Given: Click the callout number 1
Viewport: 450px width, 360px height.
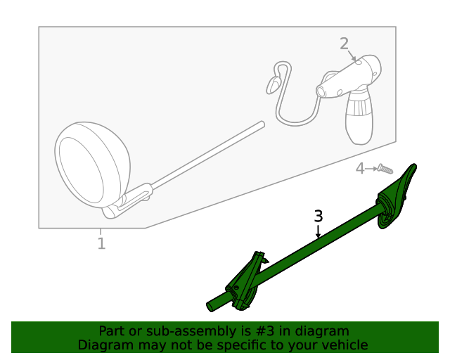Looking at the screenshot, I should [x=101, y=244].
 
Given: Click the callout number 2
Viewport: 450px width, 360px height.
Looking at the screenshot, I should [x=344, y=44].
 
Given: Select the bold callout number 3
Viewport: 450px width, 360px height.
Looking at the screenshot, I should [x=319, y=217].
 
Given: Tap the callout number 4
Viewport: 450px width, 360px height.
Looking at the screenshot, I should [x=360, y=169].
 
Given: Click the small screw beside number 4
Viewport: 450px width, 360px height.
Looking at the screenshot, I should [x=384, y=168].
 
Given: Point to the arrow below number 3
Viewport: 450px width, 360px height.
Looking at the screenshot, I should [x=319, y=231].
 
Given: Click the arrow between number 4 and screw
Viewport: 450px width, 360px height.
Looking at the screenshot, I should [x=371, y=169].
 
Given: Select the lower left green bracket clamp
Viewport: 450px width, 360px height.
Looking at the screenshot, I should [x=244, y=283].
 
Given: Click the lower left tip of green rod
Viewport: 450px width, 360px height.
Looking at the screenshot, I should [x=211, y=307].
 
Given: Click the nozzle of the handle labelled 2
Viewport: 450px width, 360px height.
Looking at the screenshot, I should [x=321, y=91].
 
